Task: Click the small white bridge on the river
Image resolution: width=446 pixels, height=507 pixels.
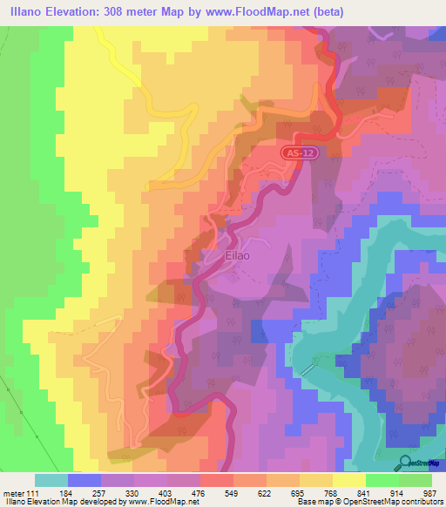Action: coord(307,369)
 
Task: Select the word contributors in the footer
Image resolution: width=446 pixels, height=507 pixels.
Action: coord(422,503)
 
